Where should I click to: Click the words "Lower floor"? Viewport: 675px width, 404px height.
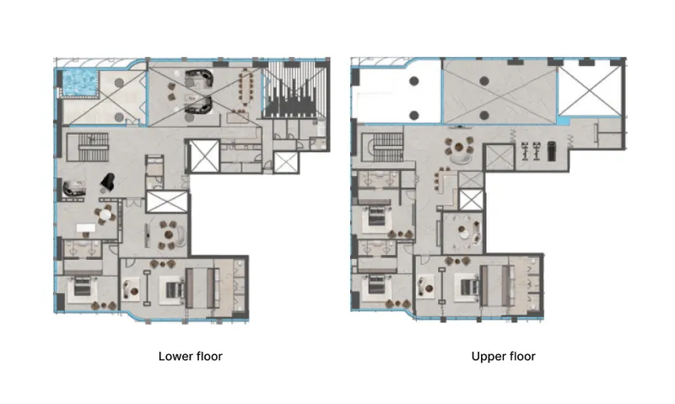191,356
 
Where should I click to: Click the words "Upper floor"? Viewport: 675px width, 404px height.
503,356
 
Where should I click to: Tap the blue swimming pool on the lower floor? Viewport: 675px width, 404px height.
80,83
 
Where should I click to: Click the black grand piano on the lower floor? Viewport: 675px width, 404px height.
108,181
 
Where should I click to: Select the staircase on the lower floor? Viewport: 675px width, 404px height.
93,147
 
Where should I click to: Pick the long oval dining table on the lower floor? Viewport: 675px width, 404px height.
246,88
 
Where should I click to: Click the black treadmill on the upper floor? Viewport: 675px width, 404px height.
552,152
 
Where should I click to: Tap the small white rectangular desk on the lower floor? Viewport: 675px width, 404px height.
86,227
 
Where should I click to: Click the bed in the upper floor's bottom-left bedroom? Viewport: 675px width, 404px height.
377,287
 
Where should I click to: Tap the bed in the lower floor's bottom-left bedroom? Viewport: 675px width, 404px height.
83,287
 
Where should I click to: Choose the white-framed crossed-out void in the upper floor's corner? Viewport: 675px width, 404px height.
590,89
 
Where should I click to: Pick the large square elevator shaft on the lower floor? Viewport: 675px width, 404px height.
204,156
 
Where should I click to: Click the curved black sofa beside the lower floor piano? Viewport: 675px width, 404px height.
73,189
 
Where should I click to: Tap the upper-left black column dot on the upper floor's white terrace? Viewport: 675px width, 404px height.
414,80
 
